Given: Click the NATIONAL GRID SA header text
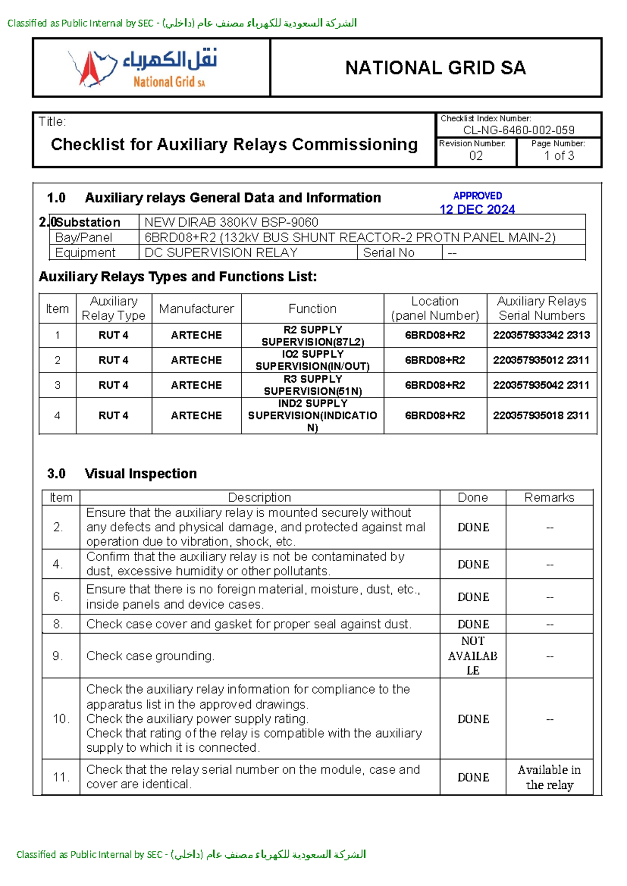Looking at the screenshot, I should click(435, 68).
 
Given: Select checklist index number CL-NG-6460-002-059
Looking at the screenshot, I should click(518, 130).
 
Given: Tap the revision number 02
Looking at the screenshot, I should click(475, 156).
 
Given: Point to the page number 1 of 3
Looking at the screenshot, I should click(559, 156).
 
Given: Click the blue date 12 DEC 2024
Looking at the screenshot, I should click(477, 209).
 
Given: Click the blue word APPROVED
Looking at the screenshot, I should click(477, 196).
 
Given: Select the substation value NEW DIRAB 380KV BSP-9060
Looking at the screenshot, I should click(231, 222).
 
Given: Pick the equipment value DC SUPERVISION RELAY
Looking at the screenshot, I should click(220, 253).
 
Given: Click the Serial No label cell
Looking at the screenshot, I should click(389, 253).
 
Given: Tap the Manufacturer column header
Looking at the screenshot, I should click(196, 309).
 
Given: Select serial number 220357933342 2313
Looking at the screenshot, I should click(541, 335).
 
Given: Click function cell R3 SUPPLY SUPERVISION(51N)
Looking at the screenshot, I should click(312, 385).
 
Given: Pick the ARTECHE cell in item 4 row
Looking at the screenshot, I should click(196, 415).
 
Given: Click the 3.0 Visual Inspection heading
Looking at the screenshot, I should click(122, 473).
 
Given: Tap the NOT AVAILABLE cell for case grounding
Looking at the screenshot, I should click(472, 656).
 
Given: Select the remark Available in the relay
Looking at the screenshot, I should click(549, 777).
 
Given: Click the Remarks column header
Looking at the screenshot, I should click(549, 497).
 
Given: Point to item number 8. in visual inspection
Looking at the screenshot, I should click(58, 624).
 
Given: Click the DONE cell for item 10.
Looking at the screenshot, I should click(473, 719).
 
